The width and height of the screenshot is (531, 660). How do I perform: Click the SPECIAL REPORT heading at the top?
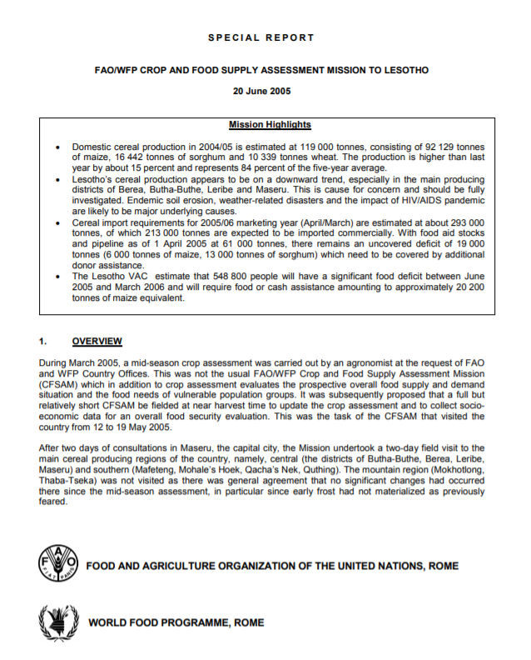pyautogui.click(x=261, y=37)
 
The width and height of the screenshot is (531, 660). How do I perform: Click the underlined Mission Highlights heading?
pyautogui.click(x=270, y=125)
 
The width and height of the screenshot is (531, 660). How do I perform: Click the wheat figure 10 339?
pyautogui.click(x=242, y=156)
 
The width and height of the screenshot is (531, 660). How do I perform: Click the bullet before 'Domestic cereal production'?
pyautogui.click(x=57, y=147)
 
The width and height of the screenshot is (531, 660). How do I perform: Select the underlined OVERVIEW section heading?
pyautogui.click(x=97, y=341)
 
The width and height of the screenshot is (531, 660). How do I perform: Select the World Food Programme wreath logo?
pyautogui.click(x=55, y=621)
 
